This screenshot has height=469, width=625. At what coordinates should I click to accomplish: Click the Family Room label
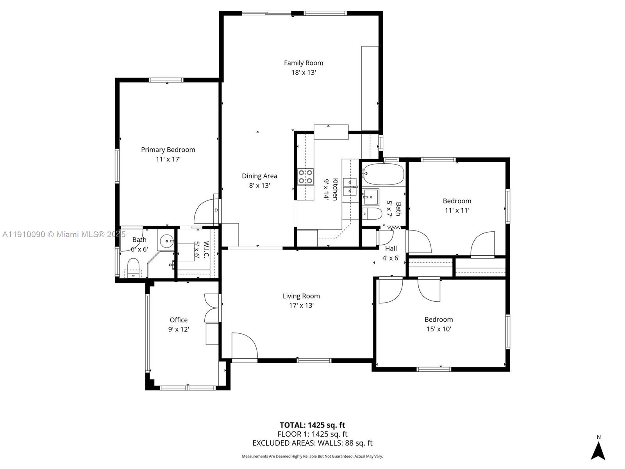[x=304, y=63]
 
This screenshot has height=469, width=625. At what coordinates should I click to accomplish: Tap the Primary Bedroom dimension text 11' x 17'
[x=168, y=159]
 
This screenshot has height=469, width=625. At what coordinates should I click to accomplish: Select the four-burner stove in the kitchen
[x=305, y=176]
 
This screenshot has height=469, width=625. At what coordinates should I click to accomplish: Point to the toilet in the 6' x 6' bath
[x=133, y=267]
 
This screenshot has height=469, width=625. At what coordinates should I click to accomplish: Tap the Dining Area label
[x=259, y=176]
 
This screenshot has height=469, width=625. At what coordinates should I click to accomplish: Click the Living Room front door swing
[x=244, y=346]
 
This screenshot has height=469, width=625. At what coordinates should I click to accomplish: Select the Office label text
[x=179, y=320]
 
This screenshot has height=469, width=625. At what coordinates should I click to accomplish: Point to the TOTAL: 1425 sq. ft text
[x=312, y=425]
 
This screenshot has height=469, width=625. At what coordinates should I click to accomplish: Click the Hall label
[x=391, y=249]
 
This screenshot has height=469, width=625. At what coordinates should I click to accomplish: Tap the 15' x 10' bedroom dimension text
[x=439, y=329]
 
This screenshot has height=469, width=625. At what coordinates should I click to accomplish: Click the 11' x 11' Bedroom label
[x=457, y=201]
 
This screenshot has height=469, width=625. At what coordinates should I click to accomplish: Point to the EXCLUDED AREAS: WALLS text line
[x=312, y=443]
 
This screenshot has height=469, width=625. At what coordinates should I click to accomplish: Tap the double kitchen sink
[x=350, y=187]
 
